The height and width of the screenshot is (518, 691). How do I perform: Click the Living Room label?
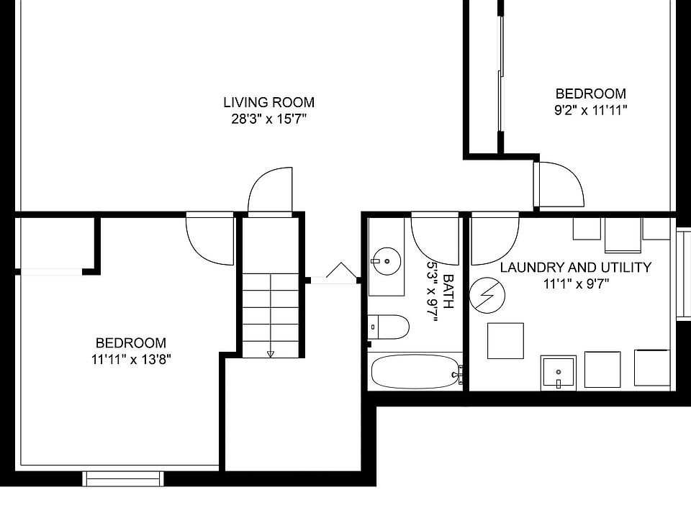268,102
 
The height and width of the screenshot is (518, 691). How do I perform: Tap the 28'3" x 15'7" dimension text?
268,119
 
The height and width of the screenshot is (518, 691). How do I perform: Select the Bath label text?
448,291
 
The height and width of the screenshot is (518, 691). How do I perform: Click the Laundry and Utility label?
576,268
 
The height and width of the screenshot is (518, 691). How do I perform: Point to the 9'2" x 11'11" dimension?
590,110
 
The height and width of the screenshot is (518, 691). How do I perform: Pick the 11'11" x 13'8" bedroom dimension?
131,360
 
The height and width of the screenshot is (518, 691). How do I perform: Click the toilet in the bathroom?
389,327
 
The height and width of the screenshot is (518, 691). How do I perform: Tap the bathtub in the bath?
415,372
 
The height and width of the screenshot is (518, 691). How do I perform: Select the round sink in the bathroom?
387,261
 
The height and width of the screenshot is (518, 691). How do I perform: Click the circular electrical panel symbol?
487,295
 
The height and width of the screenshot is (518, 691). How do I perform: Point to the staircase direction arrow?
271,354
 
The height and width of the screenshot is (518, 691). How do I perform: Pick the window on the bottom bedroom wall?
123,479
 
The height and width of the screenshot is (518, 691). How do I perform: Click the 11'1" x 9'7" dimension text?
576,284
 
